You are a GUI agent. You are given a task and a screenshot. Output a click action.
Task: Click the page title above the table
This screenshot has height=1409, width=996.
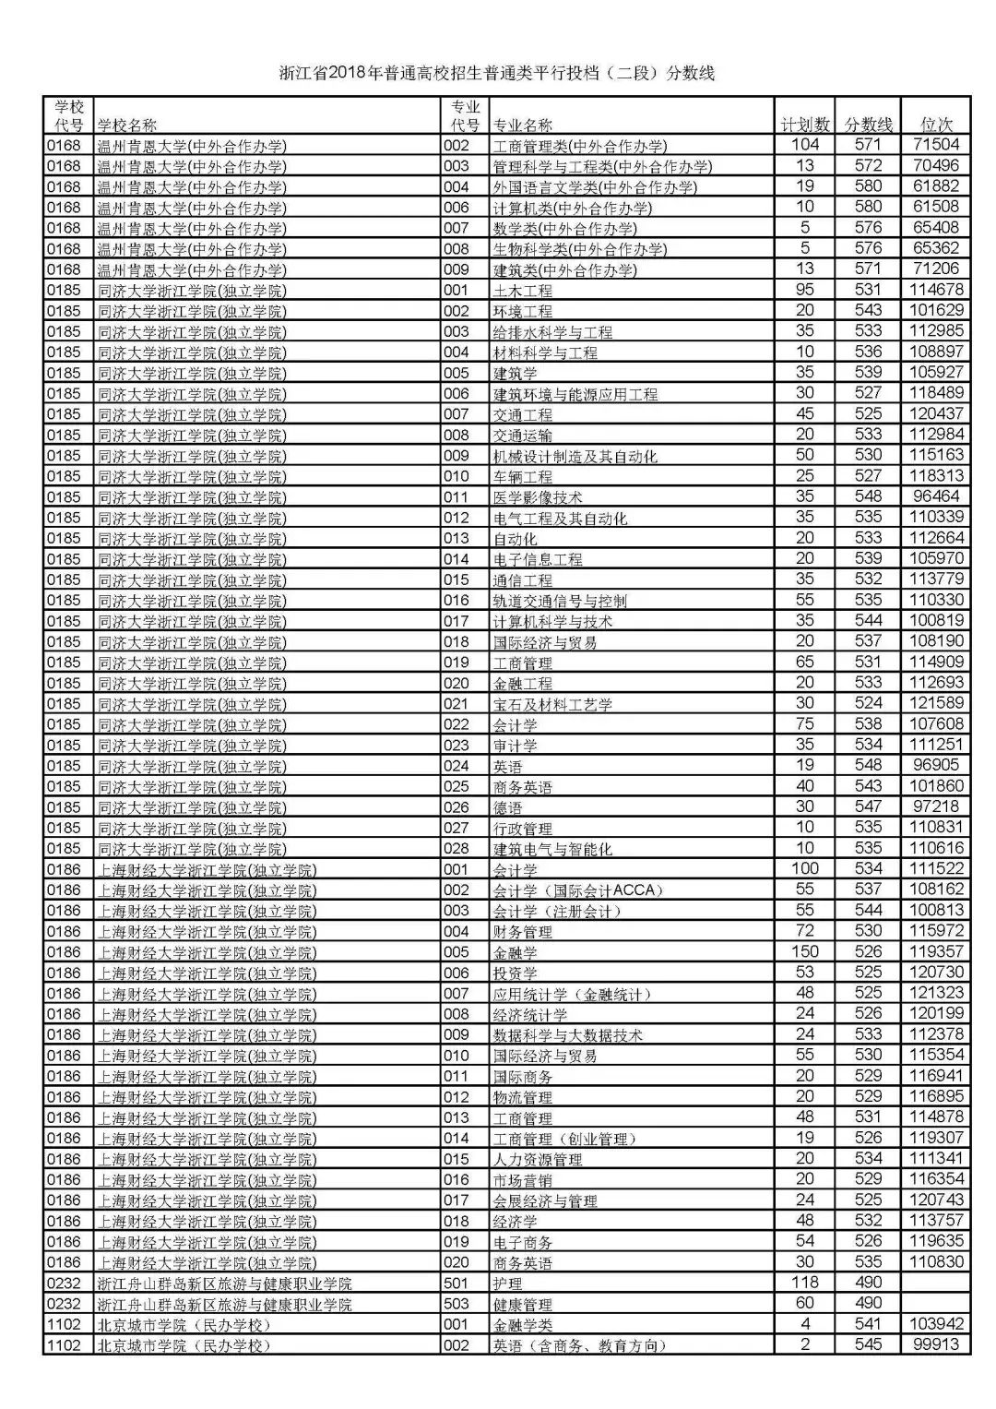497,74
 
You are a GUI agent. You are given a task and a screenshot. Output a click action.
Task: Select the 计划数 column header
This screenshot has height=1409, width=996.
805,125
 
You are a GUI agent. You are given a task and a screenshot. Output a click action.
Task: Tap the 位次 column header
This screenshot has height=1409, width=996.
937,125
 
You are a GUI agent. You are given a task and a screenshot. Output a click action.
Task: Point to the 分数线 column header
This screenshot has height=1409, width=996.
869,125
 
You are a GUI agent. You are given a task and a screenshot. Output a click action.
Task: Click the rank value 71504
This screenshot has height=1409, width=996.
936,145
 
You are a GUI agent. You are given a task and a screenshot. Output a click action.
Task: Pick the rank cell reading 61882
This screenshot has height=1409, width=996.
936,186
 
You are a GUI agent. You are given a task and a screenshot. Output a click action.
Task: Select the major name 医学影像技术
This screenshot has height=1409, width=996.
538,497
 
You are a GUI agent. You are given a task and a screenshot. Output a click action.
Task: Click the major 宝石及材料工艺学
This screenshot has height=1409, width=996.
552,704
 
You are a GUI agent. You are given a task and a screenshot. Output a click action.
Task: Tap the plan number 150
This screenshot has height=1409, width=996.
805,951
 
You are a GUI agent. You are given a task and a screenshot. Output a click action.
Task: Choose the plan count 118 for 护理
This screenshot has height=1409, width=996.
805,1283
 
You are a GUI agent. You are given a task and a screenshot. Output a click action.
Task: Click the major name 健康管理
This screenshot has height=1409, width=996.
523,1304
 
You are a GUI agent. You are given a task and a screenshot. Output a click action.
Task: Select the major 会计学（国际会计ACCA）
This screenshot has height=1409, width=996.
578,890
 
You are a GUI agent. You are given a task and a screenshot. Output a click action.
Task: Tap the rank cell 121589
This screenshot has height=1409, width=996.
936,704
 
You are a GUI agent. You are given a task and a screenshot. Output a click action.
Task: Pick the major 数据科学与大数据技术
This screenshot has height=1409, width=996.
567,1035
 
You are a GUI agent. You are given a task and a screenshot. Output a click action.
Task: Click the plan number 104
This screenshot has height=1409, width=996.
805,145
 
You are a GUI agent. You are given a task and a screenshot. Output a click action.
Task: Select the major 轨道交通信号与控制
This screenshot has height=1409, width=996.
560,601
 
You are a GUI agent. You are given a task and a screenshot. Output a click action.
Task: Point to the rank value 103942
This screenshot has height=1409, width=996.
936,1324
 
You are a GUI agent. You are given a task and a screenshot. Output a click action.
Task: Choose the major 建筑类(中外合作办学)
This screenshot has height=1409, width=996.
564,269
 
